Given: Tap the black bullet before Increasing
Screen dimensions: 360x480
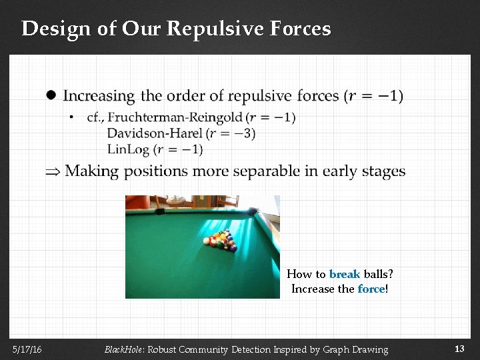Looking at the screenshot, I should pyautogui.click(x=51, y=95).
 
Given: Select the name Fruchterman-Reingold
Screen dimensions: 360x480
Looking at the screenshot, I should pyautogui.click(x=175, y=117).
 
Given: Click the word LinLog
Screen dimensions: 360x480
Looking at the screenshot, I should pyautogui.click(x=127, y=149).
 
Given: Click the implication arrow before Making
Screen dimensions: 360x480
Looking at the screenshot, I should pyautogui.click(x=53, y=172).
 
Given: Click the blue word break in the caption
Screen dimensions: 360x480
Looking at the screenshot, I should pyautogui.click(x=345, y=274).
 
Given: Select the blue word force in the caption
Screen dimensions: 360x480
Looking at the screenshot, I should pyautogui.click(x=371, y=289).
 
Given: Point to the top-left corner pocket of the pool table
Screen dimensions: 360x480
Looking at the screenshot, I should pyautogui.click(x=160, y=211).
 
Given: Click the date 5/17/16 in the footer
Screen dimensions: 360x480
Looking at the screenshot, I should pyautogui.click(x=27, y=349).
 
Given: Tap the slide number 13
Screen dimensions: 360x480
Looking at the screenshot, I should pyautogui.click(x=459, y=349).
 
